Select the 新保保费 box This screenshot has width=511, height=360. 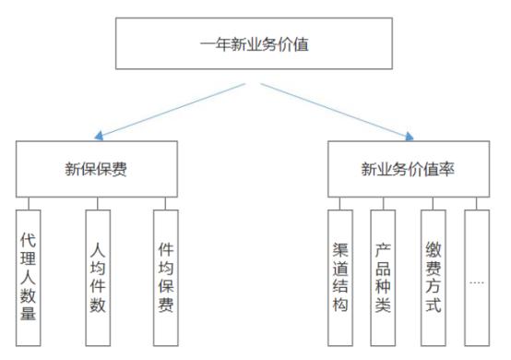(97, 169)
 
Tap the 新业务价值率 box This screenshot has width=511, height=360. (407, 169)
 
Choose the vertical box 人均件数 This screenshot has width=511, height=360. (98, 274)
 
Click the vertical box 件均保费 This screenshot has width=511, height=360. (166, 274)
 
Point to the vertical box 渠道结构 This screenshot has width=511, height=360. (339, 274)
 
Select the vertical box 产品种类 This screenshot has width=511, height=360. (384, 274)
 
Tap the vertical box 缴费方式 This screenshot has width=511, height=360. (434, 274)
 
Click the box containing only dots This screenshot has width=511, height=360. (477, 274)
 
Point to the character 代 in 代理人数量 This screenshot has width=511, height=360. (30, 238)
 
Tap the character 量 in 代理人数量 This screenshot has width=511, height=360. (30, 312)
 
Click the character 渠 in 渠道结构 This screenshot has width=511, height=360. (339, 249)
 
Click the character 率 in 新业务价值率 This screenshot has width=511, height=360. (447, 169)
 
